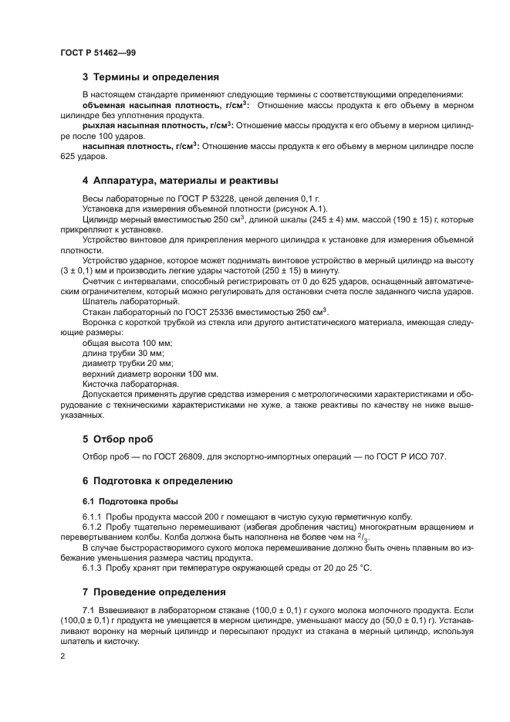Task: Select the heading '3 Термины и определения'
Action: [150, 77]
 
